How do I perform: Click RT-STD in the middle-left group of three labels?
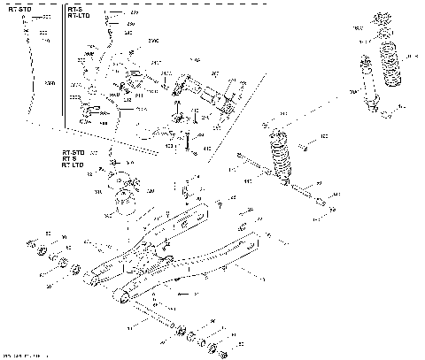[73, 152]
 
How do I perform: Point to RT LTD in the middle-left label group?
[73, 167]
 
